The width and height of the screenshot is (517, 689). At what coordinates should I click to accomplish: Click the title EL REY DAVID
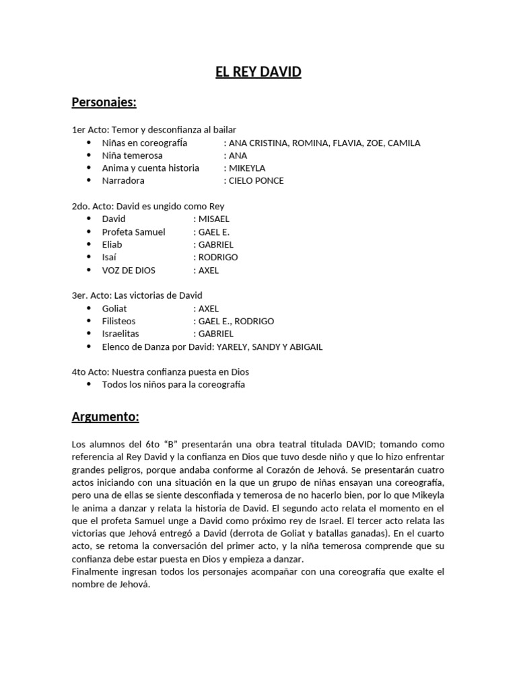tap(258, 71)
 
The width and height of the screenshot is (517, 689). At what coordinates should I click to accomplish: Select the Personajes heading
tap(104, 102)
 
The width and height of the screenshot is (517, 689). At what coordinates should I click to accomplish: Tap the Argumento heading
tap(105, 417)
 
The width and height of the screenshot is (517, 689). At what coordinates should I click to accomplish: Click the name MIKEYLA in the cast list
tap(247, 168)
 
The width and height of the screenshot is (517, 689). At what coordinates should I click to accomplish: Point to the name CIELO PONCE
tap(256, 180)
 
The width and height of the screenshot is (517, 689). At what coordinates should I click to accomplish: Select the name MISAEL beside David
tap(214, 219)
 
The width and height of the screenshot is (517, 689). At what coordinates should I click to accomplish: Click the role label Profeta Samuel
tap(133, 231)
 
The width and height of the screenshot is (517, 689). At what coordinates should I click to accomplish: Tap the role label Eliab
tap(112, 244)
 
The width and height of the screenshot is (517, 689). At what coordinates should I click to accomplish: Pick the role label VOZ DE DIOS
tap(129, 270)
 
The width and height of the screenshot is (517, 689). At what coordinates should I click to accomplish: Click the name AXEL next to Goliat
tap(209, 308)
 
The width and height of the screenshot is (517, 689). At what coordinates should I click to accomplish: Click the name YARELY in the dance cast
tap(230, 347)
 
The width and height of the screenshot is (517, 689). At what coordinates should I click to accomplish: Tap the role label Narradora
tap(123, 180)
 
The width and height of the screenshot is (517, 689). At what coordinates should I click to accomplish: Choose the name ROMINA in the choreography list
tap(312, 143)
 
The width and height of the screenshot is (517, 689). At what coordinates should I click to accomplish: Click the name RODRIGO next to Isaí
tap(218, 257)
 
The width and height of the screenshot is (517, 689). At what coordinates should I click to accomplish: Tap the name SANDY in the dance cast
tap(268, 347)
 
